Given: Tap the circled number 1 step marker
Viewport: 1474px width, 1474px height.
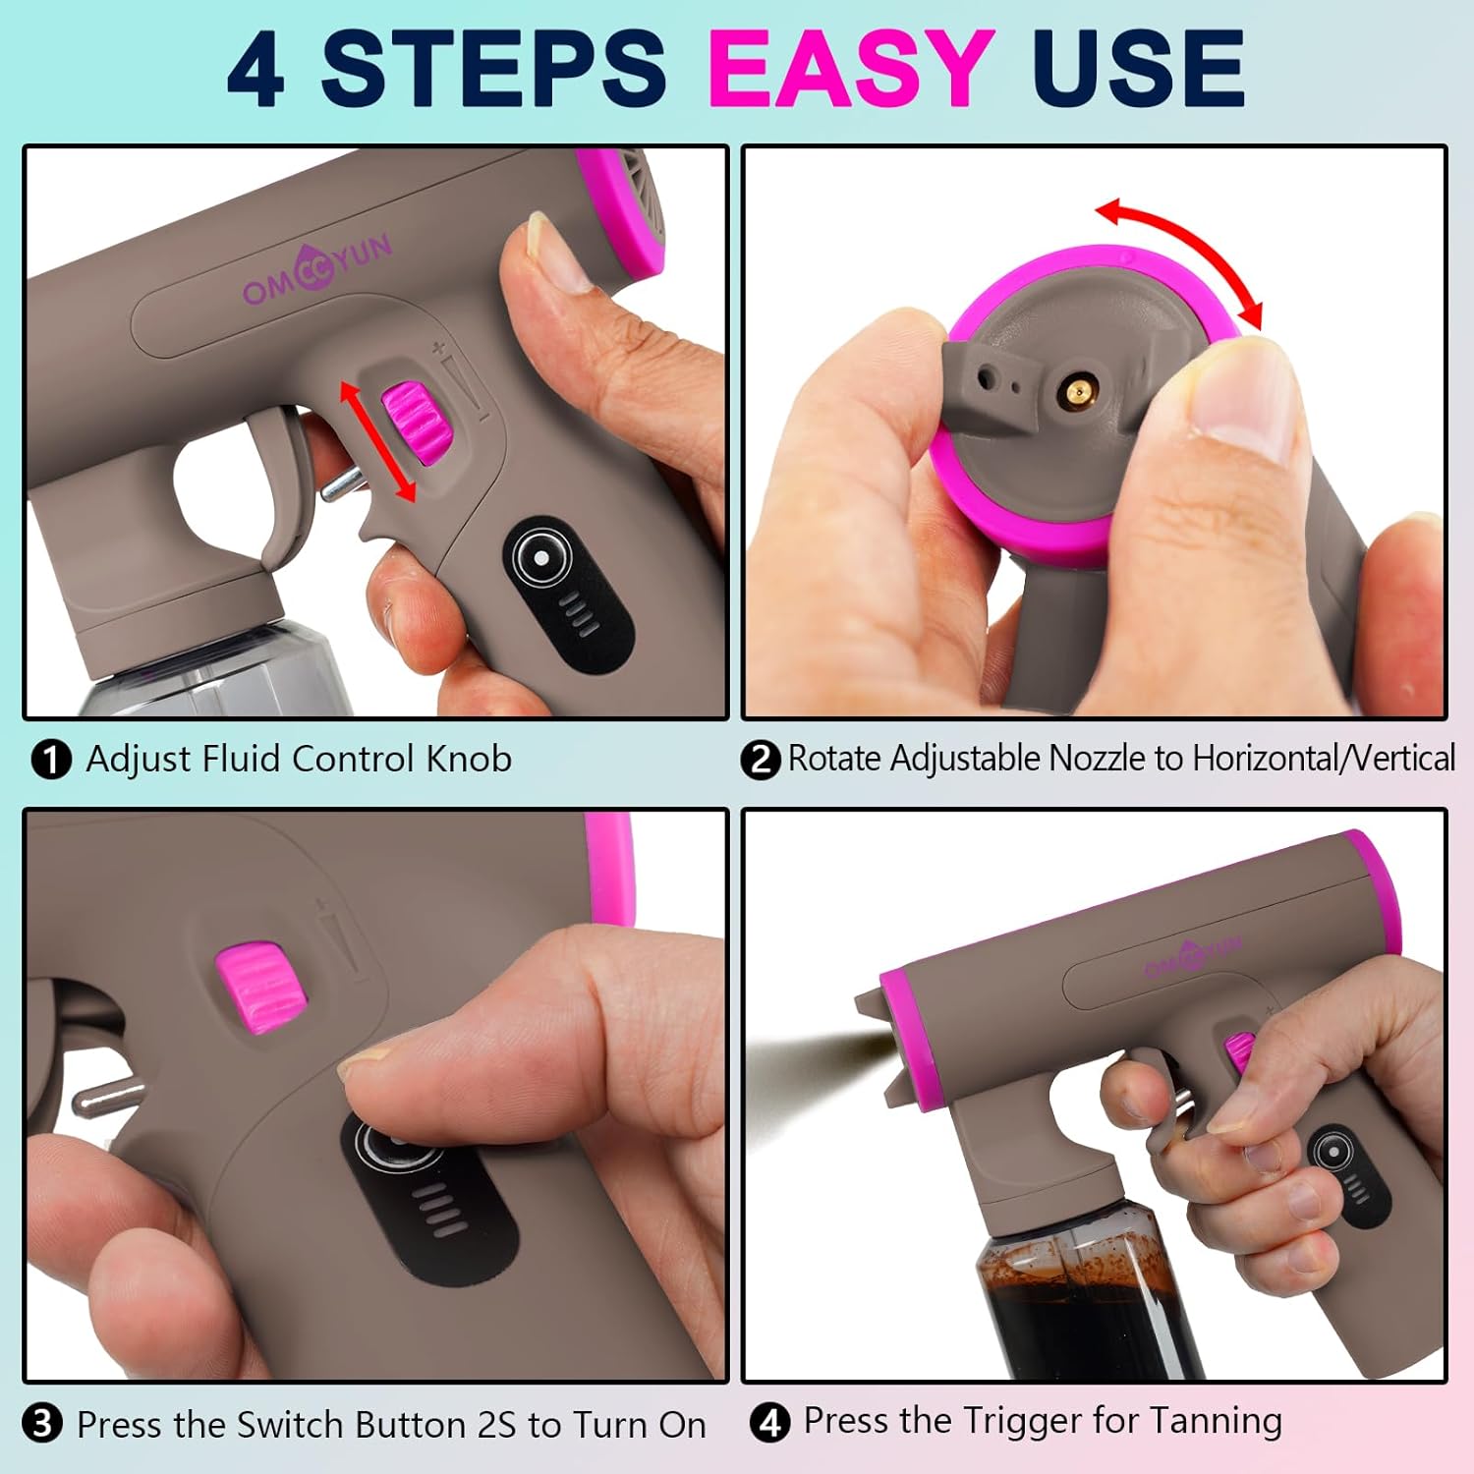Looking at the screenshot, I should [x=51, y=760].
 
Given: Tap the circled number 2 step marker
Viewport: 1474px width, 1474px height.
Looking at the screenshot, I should [x=760, y=760].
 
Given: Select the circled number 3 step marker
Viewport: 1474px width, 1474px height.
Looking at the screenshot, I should [x=42, y=1424].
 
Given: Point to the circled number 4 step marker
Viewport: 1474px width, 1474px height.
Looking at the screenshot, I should [x=769, y=1422].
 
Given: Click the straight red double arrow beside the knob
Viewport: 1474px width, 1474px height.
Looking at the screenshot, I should [x=377, y=441].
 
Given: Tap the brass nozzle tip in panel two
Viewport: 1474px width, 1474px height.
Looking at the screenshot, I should [x=1078, y=393].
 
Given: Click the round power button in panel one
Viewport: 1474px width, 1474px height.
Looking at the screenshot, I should [x=540, y=557].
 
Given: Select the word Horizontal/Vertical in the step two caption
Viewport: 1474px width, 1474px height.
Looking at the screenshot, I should [x=1323, y=759].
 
